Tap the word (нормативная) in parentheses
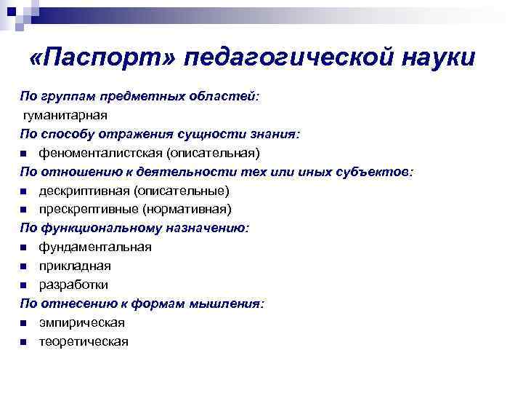point(187,210)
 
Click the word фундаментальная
point(95,247)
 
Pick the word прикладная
point(75,266)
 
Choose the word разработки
point(73,285)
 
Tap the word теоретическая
point(84,342)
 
